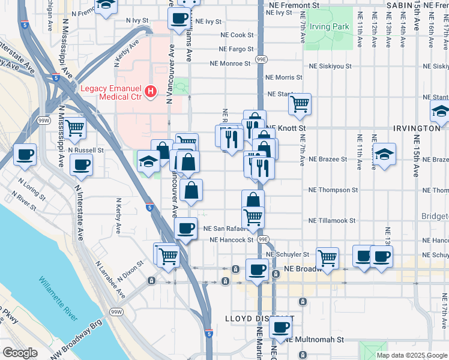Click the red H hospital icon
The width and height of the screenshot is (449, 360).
point(151,91)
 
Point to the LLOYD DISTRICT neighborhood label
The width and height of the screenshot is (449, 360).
point(259,318)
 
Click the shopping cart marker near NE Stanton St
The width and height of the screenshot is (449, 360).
point(300,104)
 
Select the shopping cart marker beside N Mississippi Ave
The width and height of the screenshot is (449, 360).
point(74,128)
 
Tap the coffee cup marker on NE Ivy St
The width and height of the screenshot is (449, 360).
point(179,19)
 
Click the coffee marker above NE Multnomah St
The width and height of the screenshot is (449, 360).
point(280,328)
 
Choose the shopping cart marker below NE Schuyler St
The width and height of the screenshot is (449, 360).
point(327,258)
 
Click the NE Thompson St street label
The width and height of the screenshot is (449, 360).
point(333,190)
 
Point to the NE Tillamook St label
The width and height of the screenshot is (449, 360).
point(331,221)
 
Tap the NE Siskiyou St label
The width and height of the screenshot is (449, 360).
point(331,67)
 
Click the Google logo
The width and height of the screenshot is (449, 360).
point(20,352)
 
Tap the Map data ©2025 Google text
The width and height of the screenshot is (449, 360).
point(411,355)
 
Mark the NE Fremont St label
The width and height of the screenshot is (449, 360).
point(294,5)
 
